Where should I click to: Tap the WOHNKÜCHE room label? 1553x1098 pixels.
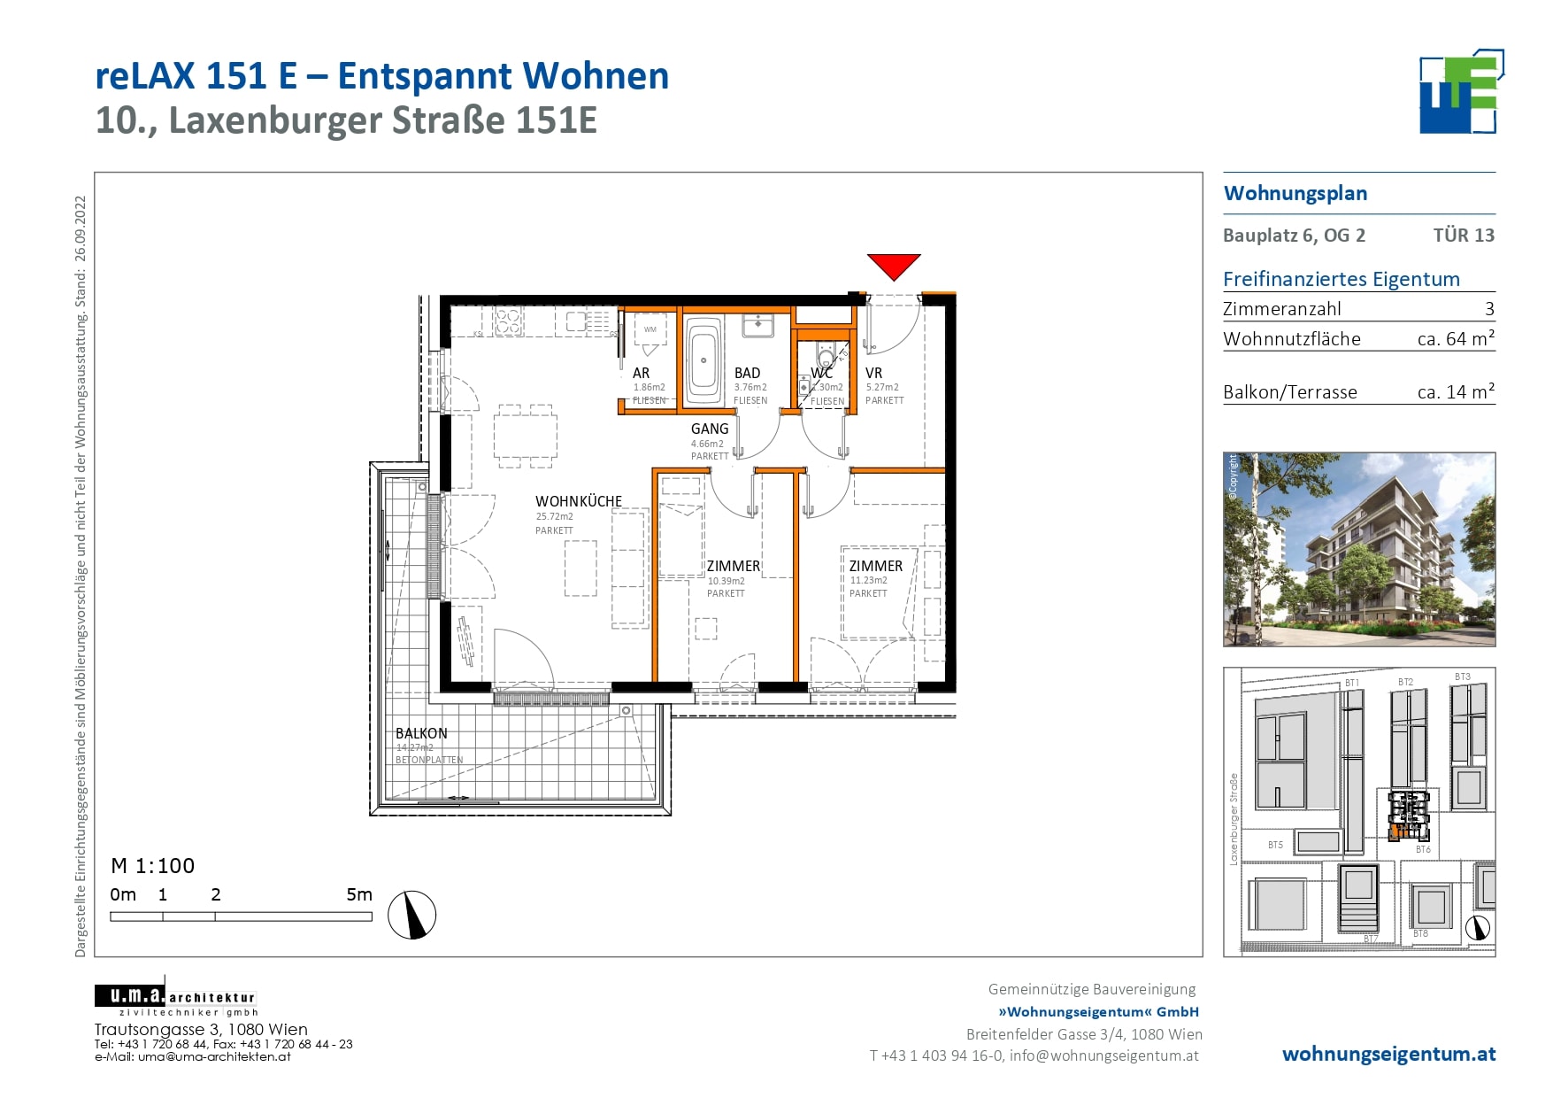point(579,501)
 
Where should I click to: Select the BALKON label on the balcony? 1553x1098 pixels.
point(421,733)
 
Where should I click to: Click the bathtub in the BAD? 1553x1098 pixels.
point(704,360)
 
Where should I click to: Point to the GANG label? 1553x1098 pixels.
point(710,429)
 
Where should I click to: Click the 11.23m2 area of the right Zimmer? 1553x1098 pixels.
point(869,581)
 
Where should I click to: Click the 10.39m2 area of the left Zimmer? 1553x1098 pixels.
point(726,581)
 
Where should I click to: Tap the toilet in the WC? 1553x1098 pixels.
point(826,358)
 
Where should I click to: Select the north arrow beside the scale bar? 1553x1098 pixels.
point(412,915)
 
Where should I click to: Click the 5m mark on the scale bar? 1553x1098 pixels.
point(359,895)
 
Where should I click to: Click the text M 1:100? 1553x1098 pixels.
point(152,866)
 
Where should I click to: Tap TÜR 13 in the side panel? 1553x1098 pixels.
point(1464,236)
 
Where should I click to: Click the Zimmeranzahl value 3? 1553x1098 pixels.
point(1489,309)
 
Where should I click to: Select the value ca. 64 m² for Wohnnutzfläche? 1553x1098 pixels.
point(1456,339)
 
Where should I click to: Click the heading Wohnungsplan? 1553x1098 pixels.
point(1295,194)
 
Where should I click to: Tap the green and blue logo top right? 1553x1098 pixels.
point(1459,93)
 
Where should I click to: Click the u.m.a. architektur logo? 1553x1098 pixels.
point(175,999)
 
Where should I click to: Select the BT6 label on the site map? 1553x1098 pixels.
point(1423,849)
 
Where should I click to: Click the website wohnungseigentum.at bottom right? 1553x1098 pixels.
point(1388,1055)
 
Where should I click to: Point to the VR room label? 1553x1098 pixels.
point(873,374)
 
